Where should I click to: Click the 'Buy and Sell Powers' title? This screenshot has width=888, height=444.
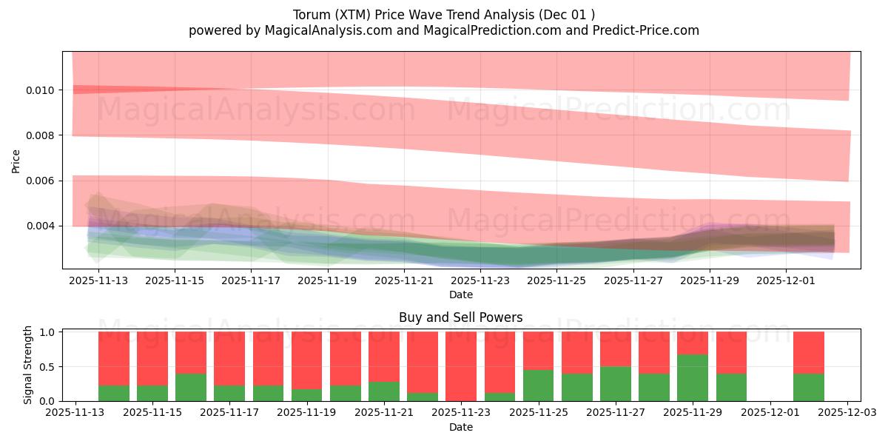coord(460,317)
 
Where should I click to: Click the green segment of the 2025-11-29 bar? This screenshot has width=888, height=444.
coord(693,378)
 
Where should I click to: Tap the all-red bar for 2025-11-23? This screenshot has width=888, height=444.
coord(460,366)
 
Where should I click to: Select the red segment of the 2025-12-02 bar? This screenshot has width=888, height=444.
coord(808,352)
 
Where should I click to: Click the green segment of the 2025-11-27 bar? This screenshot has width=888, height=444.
coord(615,384)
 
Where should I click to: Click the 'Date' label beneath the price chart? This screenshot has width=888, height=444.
coord(460,295)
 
